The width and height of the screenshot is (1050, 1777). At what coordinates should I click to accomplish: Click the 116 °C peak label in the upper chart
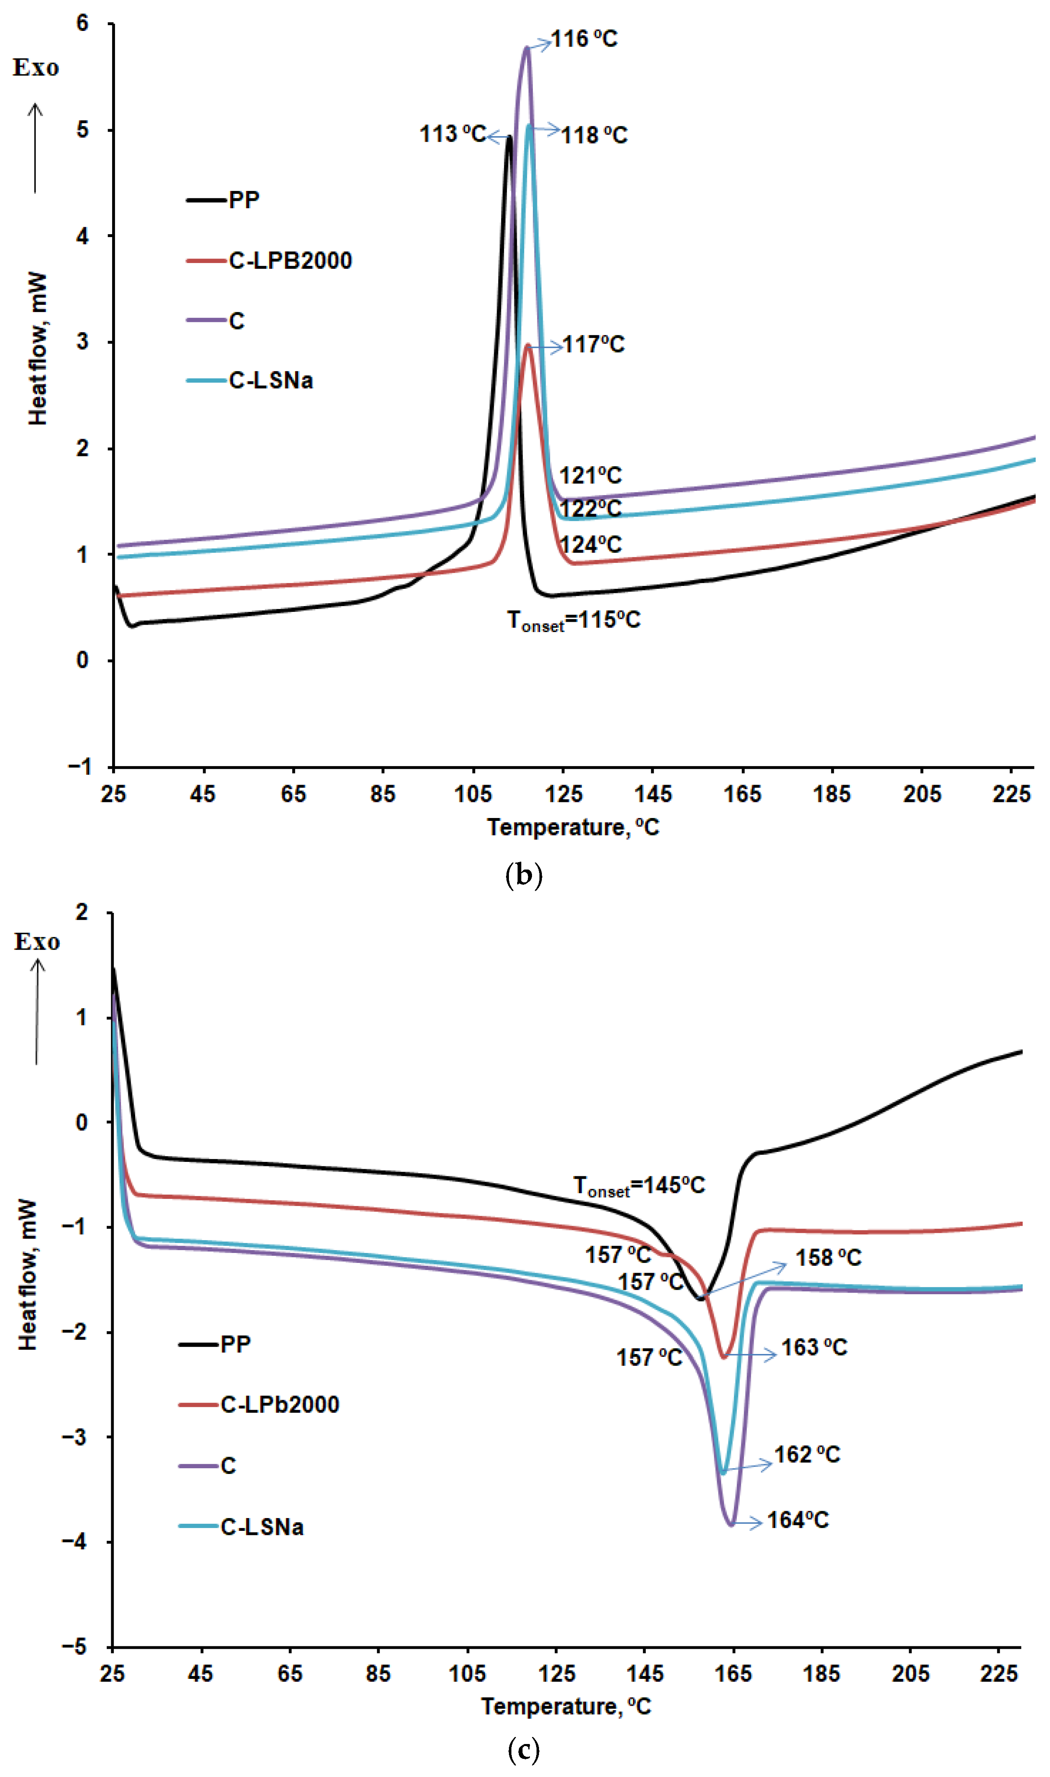coord(584,39)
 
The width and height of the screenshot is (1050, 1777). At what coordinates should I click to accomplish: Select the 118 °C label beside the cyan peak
coord(594,135)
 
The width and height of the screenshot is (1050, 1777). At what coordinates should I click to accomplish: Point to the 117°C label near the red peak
coord(594,345)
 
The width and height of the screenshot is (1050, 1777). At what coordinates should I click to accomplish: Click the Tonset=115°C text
coord(574,621)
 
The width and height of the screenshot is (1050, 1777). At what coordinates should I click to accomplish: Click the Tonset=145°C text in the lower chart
coord(639,1185)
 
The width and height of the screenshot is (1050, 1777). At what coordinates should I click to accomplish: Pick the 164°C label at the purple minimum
coord(798,1520)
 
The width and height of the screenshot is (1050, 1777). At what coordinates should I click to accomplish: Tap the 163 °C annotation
coord(814,1347)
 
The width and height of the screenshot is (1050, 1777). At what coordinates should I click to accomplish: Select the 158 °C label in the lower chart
coord(829,1258)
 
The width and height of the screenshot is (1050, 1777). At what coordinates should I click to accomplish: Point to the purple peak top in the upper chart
coord(526,47)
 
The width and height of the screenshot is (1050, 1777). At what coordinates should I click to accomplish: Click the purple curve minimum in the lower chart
coord(731,1525)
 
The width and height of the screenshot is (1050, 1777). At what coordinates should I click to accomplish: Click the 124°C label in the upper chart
coord(591,545)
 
